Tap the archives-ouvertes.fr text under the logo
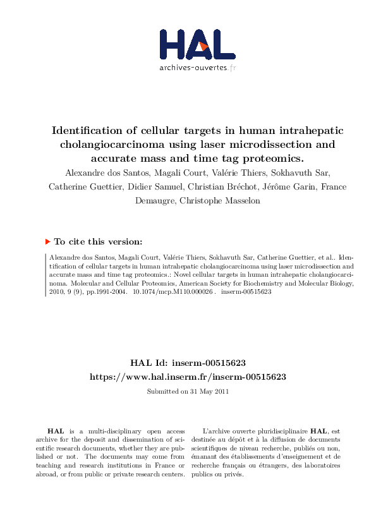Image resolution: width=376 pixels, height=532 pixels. tap(198, 67)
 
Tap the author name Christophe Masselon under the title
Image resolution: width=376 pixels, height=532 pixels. tap(209, 201)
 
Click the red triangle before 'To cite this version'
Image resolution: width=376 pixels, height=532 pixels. tap(47, 241)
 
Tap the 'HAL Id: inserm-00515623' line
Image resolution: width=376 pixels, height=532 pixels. tap(188, 363)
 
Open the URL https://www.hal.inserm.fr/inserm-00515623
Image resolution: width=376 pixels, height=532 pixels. tap(188, 376)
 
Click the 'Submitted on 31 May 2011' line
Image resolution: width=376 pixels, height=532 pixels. tap(188, 391)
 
